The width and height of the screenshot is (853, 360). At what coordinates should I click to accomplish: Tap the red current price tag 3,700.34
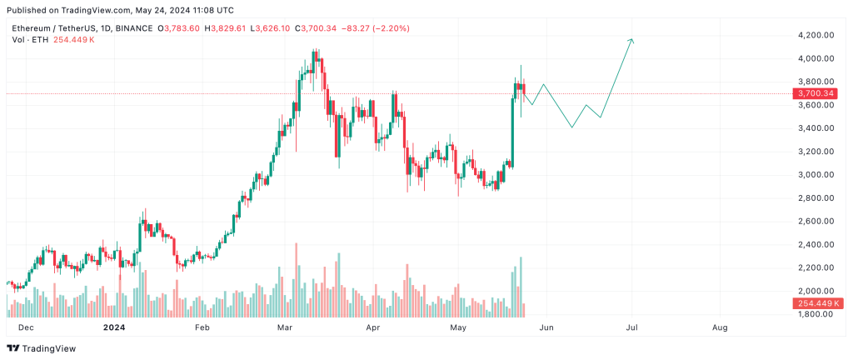(816, 93)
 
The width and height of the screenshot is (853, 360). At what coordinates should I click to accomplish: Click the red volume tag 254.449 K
(816, 303)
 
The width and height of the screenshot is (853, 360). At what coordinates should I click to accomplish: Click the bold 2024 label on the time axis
(113, 328)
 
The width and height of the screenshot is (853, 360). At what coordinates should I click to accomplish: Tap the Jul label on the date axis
(632, 328)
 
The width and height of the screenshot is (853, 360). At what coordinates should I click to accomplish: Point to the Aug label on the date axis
(721, 328)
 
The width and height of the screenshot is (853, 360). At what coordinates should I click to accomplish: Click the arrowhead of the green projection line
(632, 40)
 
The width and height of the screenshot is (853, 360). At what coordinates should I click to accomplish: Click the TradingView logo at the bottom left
(42, 348)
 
